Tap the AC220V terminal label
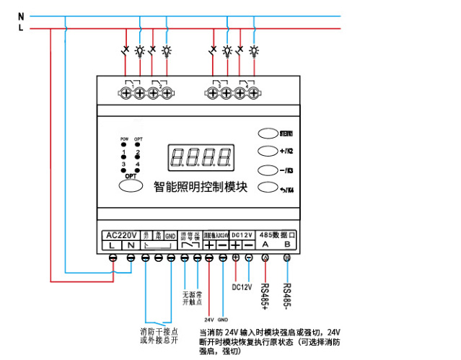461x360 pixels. pos(121,235)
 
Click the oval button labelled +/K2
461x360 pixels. pos(268,152)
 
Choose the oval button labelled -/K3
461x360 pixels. pos(268,170)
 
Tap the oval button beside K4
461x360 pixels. pos(268,189)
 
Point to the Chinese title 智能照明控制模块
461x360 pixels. pos(201,187)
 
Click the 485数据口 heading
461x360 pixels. pos(277,235)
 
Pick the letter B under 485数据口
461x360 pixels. pos(287,245)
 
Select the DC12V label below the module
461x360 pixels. pos(242,287)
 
